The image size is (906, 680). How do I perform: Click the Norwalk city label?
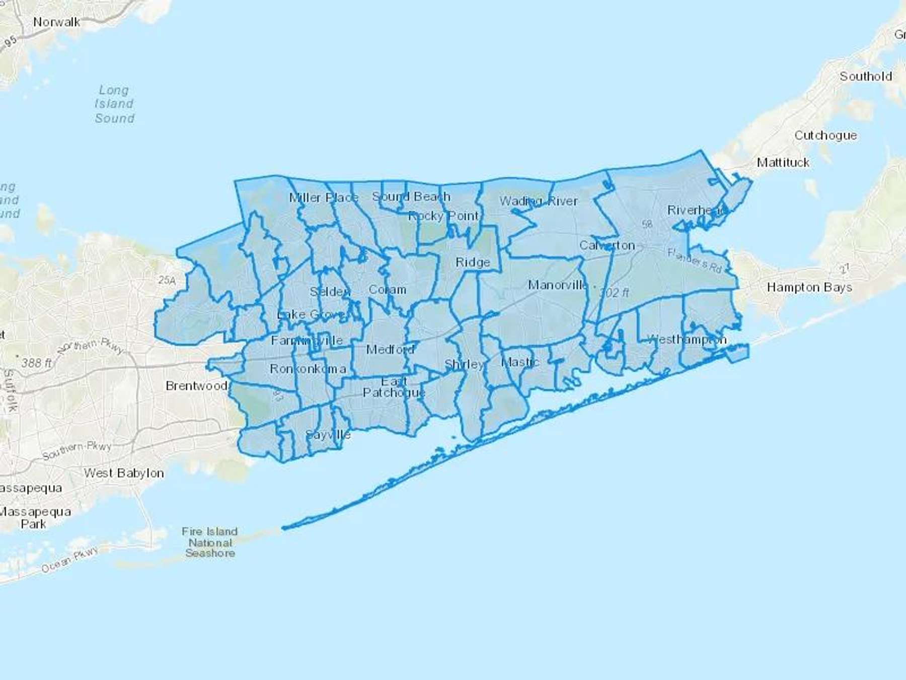pyautogui.click(x=56, y=22)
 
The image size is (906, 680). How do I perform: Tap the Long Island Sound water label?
pyautogui.click(x=114, y=104)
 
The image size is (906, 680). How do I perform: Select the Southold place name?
pyautogui.click(x=865, y=77)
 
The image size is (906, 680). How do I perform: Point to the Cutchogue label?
pyautogui.click(x=825, y=135)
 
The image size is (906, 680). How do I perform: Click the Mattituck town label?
pyautogui.click(x=783, y=163)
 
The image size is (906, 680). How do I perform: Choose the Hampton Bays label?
pyautogui.click(x=809, y=288)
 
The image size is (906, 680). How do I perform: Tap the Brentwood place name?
pyautogui.click(x=196, y=386)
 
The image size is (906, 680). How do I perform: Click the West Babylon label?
pyautogui.click(x=124, y=473)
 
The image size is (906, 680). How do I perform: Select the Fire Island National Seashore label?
pyautogui.click(x=210, y=542)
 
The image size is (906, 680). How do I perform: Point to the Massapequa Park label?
pyautogui.click(x=34, y=518)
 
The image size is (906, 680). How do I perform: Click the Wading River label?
pyautogui.click(x=538, y=201)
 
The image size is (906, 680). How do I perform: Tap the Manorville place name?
pyautogui.click(x=557, y=285)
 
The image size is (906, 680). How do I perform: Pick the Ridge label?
pyautogui.click(x=473, y=262)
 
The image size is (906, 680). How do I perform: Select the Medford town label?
pyautogui.click(x=390, y=349)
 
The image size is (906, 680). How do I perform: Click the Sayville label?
pyautogui.click(x=328, y=435)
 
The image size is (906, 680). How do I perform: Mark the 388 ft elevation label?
pyautogui.click(x=36, y=363)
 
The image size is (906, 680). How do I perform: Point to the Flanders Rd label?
pyautogui.click(x=695, y=260)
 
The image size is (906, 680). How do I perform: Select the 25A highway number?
pyautogui.click(x=167, y=280)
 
